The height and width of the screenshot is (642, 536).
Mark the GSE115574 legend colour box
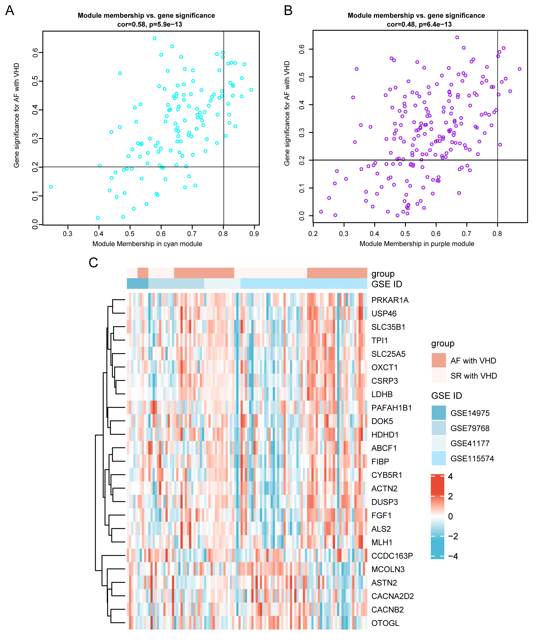pos(438,458)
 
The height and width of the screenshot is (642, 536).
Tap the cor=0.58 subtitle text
pos(149,25)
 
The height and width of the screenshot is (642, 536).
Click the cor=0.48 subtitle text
pos(419,25)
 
